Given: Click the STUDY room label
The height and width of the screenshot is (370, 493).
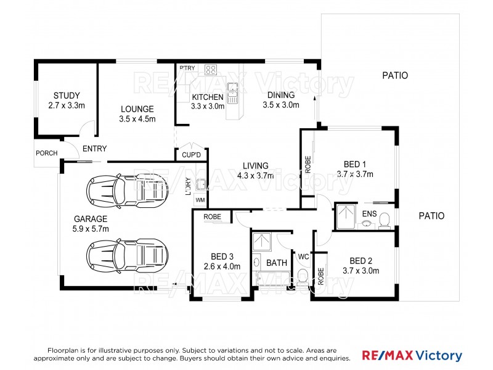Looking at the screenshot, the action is tap(67, 96).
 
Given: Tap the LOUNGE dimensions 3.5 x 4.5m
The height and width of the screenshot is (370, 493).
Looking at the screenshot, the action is tap(137, 119).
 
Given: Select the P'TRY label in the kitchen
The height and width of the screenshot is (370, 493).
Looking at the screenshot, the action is tap(187, 68).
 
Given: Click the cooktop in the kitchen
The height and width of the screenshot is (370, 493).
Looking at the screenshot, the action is tap(211, 70).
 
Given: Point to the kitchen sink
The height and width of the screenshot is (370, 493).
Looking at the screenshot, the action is tap(232, 93).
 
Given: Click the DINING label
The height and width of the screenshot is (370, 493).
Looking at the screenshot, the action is tap(281, 95).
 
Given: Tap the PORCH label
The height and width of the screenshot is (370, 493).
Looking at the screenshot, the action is tap(47, 153).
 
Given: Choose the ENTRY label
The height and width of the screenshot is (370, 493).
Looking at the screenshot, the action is tap(95, 149).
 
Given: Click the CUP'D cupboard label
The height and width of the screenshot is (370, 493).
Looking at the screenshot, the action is tap(191, 155).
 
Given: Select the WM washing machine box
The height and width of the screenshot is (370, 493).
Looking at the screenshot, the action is tap(200, 200).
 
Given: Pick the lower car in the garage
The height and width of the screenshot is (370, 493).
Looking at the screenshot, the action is tap(127, 255).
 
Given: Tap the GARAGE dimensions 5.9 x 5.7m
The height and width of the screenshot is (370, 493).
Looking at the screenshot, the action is tap(91, 229).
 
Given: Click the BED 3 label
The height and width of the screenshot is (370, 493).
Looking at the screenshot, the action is tap(222, 257).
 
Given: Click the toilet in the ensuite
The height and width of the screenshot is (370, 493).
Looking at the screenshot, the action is tap(384, 220).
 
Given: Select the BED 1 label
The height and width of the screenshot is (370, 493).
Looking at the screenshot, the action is tap(355, 164).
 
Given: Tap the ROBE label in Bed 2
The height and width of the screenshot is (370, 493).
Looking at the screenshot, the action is tap(320, 276).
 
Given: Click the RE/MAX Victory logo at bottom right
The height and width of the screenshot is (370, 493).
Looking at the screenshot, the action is tap(412, 356).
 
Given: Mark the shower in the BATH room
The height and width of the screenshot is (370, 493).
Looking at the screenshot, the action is tap(261, 242).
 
